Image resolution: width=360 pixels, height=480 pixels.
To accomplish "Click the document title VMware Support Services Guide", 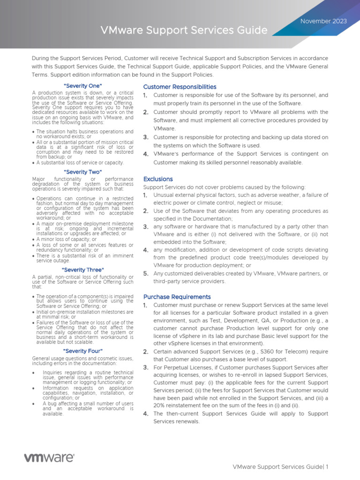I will point(184,31).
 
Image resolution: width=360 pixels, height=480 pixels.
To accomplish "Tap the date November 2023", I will point(323,21).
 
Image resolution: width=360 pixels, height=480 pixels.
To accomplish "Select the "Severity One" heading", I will point(82,86).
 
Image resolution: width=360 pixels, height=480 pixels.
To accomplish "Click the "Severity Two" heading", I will point(82,172).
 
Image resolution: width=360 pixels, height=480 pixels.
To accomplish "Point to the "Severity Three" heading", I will point(82,270).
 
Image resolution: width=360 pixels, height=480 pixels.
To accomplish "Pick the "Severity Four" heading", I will point(82,351).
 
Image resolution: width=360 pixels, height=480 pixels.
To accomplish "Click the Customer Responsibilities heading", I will point(180,87).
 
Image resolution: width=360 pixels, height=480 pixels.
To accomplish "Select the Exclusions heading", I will point(158,179).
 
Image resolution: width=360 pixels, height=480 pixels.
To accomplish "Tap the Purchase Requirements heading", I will point(177,297).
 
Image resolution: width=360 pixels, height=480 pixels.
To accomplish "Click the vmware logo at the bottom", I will point(49,457).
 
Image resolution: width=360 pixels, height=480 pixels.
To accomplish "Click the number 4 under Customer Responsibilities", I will point(146,154).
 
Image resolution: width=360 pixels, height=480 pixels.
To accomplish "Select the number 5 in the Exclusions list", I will point(146,273).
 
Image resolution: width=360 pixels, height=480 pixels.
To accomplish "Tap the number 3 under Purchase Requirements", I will point(146,367).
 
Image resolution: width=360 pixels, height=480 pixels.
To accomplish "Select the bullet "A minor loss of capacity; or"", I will point(66,239).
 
